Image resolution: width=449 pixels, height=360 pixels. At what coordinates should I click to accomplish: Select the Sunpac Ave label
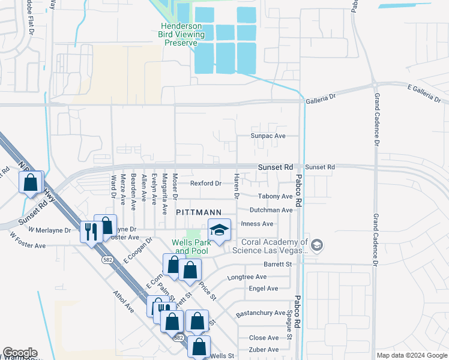pos(268,136)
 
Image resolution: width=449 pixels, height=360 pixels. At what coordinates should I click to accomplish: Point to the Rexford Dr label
pos(206,183)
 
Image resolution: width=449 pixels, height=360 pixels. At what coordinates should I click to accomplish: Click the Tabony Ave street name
pos(274,196)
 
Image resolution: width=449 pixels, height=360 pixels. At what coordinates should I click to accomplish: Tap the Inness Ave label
pos(256,224)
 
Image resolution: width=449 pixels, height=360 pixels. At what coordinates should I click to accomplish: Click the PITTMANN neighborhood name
pos(199,212)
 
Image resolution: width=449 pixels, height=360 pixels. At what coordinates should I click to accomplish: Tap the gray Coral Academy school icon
pos(318,245)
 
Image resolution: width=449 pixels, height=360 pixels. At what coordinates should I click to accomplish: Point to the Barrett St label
pos(277,264)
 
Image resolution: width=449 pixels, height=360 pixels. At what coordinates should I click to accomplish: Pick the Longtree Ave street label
pos(247,277)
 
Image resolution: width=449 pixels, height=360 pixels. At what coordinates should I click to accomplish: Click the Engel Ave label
pos(263,289)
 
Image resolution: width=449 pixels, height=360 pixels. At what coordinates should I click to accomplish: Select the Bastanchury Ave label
pos(261,313)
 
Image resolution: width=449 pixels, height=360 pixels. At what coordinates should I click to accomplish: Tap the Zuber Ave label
pos(264,349)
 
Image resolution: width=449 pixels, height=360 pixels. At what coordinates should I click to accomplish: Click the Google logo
pos(19,353)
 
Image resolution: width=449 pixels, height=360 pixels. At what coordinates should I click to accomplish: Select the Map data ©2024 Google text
pos(412,355)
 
